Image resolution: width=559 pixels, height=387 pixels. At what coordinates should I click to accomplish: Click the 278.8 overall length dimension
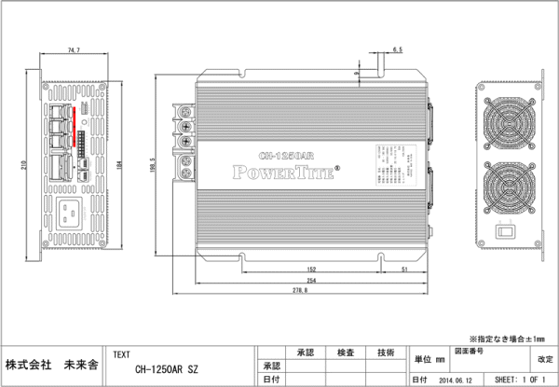pyautogui.click(x=298, y=291)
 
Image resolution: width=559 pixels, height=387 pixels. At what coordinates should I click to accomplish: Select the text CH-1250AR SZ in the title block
pyautogui.click(x=167, y=369)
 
